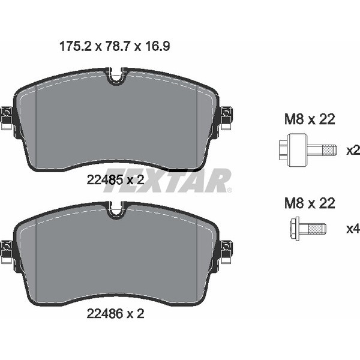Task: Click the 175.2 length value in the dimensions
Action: [76, 46]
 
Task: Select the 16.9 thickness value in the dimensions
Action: [157, 46]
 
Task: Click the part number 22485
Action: [104, 179]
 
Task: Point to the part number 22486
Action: [104, 313]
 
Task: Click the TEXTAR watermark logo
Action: [167, 181]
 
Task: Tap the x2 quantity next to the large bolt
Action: [353, 151]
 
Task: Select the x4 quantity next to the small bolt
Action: [353, 229]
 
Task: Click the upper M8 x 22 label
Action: [310, 119]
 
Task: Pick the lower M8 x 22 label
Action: [310, 203]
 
